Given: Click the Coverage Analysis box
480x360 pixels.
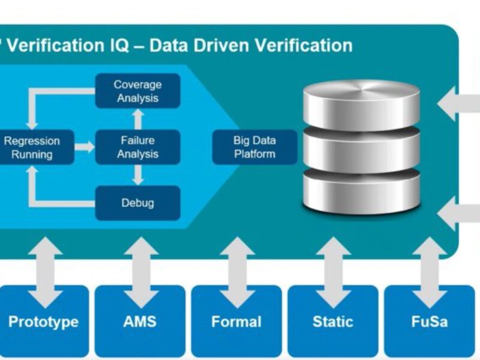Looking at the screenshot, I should (x=137, y=91).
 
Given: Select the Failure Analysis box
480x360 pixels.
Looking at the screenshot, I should (x=137, y=147).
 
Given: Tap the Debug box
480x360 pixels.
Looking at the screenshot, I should (x=137, y=203).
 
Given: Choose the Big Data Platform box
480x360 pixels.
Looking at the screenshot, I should (x=254, y=147).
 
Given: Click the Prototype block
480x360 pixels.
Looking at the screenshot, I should (x=43, y=322).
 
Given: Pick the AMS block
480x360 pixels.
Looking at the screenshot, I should (x=140, y=322).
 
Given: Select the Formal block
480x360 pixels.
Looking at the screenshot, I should (x=236, y=322).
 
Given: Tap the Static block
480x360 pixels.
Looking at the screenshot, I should (x=333, y=322).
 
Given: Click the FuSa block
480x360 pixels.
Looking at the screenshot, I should (x=429, y=322).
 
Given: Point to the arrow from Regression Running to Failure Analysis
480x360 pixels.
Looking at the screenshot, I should (x=85, y=147).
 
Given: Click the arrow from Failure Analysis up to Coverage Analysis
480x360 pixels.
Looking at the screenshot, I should (x=137, y=119).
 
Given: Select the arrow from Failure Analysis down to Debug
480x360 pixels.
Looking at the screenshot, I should (x=137, y=175).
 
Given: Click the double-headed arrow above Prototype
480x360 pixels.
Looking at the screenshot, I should (x=45, y=264).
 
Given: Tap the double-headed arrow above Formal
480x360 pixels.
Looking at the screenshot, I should (x=237, y=264).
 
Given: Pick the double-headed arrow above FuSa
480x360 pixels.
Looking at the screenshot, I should (x=430, y=264).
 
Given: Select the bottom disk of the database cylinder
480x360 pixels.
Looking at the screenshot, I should (x=361, y=189).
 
